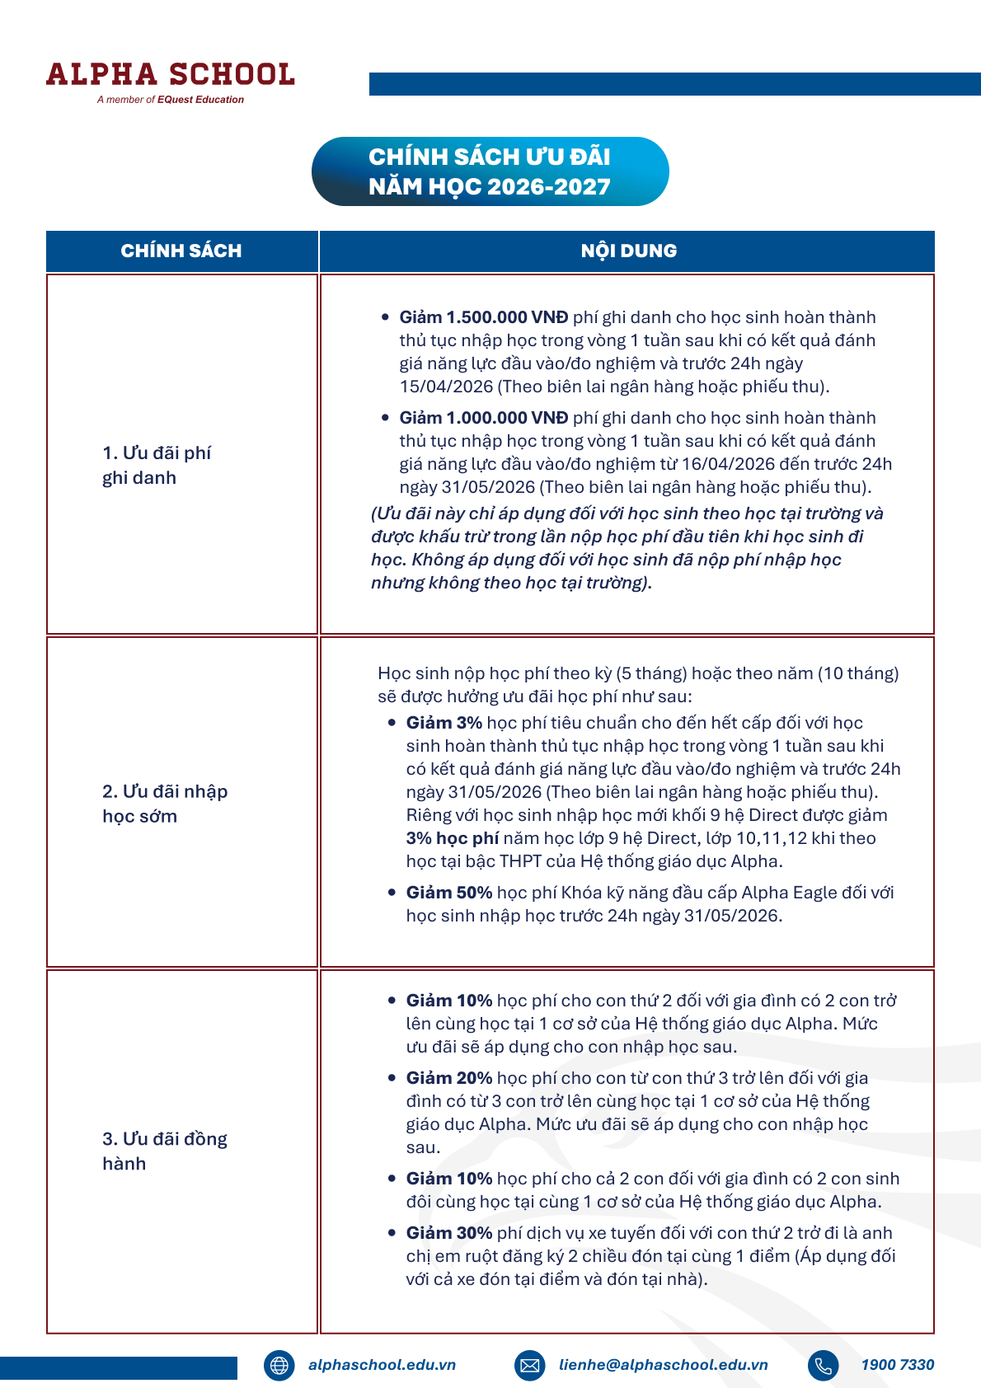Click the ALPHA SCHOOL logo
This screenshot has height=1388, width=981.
(x=170, y=74)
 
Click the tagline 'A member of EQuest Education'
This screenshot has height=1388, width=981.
(x=170, y=100)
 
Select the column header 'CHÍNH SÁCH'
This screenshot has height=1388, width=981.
(x=181, y=251)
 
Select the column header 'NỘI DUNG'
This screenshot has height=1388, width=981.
(x=628, y=251)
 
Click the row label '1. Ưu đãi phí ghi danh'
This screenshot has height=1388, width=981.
(x=157, y=465)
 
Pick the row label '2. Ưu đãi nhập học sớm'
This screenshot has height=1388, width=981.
(x=164, y=804)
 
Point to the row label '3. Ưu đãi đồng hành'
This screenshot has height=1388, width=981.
(x=164, y=1151)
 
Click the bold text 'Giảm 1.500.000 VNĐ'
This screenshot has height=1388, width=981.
(x=484, y=317)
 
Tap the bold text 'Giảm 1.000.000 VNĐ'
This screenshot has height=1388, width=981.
(x=484, y=418)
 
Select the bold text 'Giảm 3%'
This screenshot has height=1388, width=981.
(x=444, y=723)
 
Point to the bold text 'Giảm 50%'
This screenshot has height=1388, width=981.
(x=448, y=893)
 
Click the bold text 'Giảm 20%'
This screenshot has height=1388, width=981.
(x=448, y=1078)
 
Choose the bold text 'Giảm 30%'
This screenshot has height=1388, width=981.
(x=448, y=1233)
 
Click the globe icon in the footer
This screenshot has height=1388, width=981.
(x=279, y=1365)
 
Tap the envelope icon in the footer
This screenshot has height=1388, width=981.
(x=530, y=1365)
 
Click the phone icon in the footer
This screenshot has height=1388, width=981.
(x=823, y=1365)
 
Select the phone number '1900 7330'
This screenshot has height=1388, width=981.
(x=897, y=1365)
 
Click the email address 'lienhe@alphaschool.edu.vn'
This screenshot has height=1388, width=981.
(x=663, y=1365)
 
